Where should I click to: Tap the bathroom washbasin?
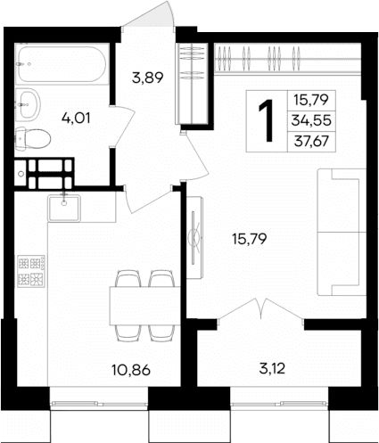click(29, 101)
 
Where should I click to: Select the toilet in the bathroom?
click(34, 138)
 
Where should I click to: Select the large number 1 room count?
click(266, 119)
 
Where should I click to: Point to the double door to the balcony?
click(259, 314)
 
